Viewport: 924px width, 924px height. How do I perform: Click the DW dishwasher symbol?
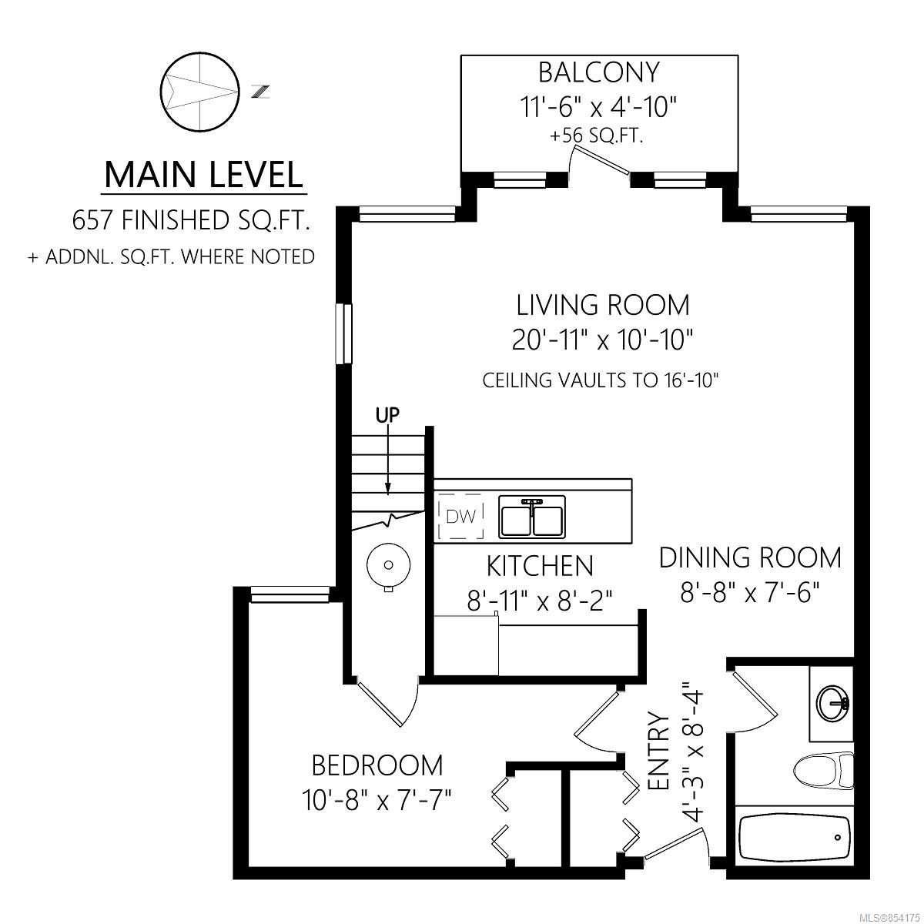(x=460, y=515)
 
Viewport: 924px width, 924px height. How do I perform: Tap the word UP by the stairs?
(x=387, y=415)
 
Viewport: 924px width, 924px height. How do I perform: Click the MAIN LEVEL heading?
(x=204, y=175)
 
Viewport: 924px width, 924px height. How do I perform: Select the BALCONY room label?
(x=599, y=72)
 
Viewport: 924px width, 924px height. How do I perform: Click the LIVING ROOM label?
(x=603, y=305)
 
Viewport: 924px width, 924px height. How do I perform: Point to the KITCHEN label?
(x=540, y=566)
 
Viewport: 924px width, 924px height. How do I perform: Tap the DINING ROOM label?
(x=750, y=557)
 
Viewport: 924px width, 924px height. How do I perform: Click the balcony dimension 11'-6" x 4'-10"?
(x=598, y=107)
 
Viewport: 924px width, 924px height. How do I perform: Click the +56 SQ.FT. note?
(x=596, y=136)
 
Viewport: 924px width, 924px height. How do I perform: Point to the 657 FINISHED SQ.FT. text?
(x=190, y=220)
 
